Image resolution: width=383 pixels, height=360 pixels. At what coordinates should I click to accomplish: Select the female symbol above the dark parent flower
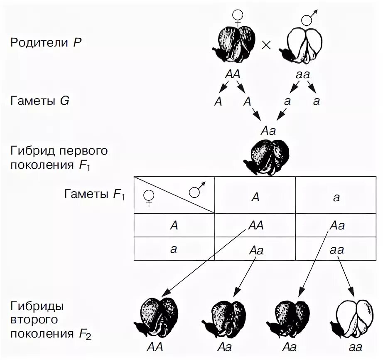237,16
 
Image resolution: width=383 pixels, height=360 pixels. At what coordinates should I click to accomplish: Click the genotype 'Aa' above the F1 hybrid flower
268,130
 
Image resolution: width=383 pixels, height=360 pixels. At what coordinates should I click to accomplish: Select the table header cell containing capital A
255,197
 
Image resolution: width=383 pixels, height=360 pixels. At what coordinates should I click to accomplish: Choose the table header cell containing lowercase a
336,197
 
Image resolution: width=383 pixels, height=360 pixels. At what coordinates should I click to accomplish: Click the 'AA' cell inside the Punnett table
255,225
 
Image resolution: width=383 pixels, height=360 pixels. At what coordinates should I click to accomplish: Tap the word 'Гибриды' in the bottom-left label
37,307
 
